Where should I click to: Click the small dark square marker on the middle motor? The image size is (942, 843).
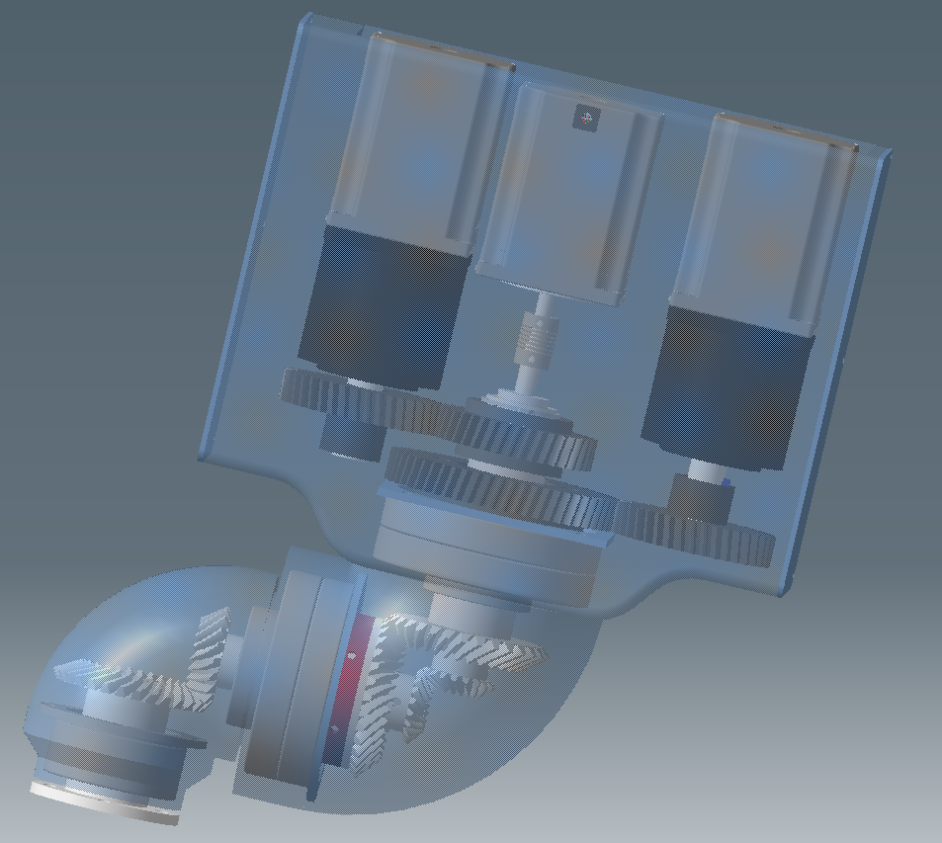[586, 119]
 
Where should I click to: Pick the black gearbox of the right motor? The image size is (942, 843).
[728, 385]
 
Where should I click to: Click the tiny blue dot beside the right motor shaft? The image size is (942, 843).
[727, 483]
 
